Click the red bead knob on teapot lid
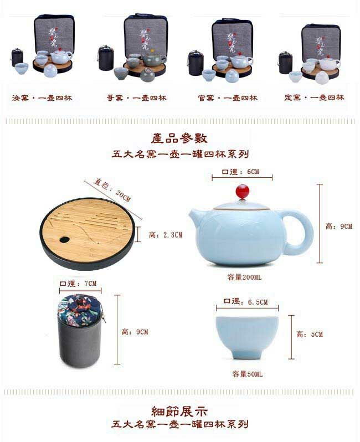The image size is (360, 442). click(242, 192)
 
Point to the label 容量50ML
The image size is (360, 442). click(247, 374)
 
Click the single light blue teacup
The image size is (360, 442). click(247, 336)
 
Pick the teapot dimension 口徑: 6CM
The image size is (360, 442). click(242, 172)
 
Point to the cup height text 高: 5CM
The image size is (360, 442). click(309, 334)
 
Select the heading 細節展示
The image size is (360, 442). click(179, 411)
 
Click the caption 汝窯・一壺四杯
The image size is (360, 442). click(42, 98)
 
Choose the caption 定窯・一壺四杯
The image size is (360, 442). click(314, 98)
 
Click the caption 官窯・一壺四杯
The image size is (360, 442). click(227, 98)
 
